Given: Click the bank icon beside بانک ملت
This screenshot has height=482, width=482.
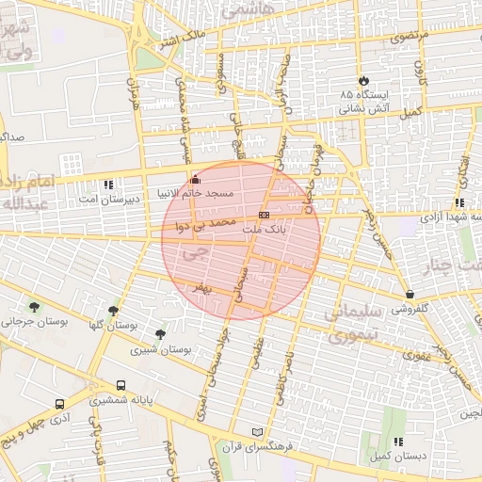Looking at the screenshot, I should click(263, 216).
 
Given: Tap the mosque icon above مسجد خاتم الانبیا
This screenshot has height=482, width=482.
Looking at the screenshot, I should click(195, 179).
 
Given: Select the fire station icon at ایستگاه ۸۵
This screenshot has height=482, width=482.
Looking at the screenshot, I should click(364, 81).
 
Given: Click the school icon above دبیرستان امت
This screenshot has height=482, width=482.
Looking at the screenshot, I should click(109, 185).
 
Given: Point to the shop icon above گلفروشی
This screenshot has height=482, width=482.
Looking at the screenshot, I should click(410, 294).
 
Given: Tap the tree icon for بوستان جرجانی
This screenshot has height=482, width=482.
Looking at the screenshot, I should click(35, 307).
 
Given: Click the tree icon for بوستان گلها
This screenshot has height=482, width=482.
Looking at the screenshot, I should click(114, 311).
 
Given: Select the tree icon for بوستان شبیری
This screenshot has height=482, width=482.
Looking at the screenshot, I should click(160, 334).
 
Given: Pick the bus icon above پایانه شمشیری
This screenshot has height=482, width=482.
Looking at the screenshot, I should click(120, 385).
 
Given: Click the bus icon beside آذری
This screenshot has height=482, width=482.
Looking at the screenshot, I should click(60, 404).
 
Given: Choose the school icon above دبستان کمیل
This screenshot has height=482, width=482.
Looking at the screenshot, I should click(398, 441).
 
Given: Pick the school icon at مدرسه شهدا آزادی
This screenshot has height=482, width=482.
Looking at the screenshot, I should click(458, 202).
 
